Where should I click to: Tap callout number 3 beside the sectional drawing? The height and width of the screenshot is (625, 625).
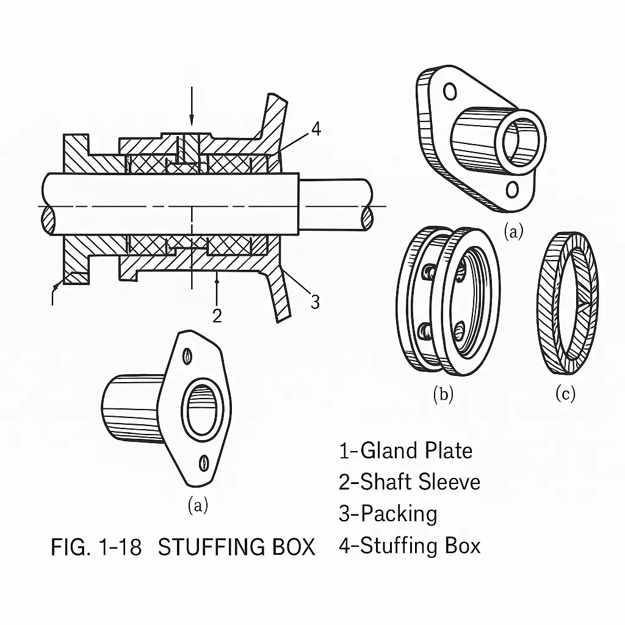click(315, 301)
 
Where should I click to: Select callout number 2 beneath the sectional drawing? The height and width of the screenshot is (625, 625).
click(217, 315)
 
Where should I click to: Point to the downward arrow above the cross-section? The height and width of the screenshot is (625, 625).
click(192, 106)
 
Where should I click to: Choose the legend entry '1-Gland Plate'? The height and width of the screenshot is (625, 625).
click(405, 450)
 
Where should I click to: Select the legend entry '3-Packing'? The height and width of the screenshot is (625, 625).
click(388, 513)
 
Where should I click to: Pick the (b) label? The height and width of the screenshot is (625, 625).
click(443, 394)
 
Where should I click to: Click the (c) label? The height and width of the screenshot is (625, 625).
click(565, 394)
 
